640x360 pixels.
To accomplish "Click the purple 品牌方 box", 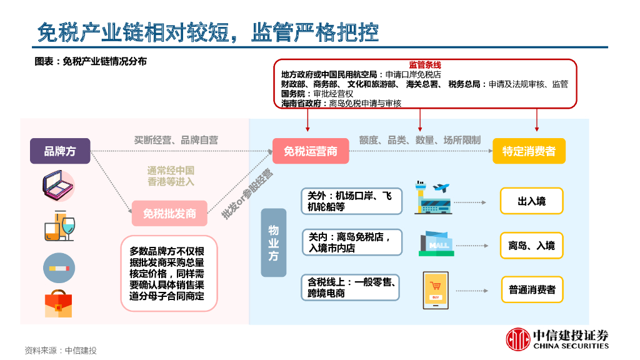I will click(x=60, y=151).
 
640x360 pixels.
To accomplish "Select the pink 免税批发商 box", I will click(x=169, y=214).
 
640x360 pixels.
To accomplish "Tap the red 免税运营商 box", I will click(x=311, y=151).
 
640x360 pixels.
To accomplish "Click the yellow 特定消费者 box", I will click(x=529, y=151).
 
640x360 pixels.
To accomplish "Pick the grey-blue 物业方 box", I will click(x=274, y=242).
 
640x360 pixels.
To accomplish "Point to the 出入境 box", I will click(x=531, y=202).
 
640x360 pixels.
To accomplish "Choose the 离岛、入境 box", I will click(x=531, y=246).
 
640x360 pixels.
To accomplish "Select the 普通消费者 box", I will click(x=532, y=290).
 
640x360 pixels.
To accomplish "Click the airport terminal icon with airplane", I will click(x=432, y=198).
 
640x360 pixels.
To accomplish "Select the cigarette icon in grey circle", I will click(x=59, y=267).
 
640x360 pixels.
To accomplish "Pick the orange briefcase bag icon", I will click(x=59, y=304).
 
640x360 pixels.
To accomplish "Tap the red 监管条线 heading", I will click(x=425, y=65).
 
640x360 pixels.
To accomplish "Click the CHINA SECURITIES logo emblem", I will click(x=517, y=339).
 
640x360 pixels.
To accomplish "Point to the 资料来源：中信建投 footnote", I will click(x=61, y=350).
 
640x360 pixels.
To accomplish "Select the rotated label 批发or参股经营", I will click(x=247, y=194).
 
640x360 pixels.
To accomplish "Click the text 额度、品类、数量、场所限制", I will click(x=419, y=140).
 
